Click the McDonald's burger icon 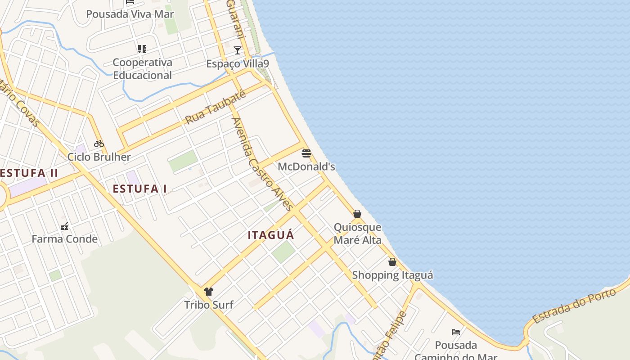[x=306, y=153]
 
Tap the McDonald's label [x=306, y=166]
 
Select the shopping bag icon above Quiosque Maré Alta [x=357, y=214]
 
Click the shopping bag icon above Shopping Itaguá [x=392, y=262]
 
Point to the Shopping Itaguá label [x=392, y=275]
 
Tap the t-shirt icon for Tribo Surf [x=209, y=292]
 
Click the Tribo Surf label [x=209, y=305]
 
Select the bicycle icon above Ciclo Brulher [x=99, y=144]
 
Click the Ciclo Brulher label [x=99, y=157]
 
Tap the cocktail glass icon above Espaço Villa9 [x=238, y=50]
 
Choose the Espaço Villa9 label [x=238, y=64]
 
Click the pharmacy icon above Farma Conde [x=65, y=226]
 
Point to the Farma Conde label [x=65, y=239]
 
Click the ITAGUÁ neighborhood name [x=271, y=235]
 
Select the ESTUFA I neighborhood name [x=140, y=189]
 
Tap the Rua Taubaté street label [x=216, y=107]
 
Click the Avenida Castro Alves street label [x=262, y=164]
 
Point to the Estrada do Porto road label [x=574, y=306]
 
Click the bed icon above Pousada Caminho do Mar [x=456, y=332]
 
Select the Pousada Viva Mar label [x=130, y=14]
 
